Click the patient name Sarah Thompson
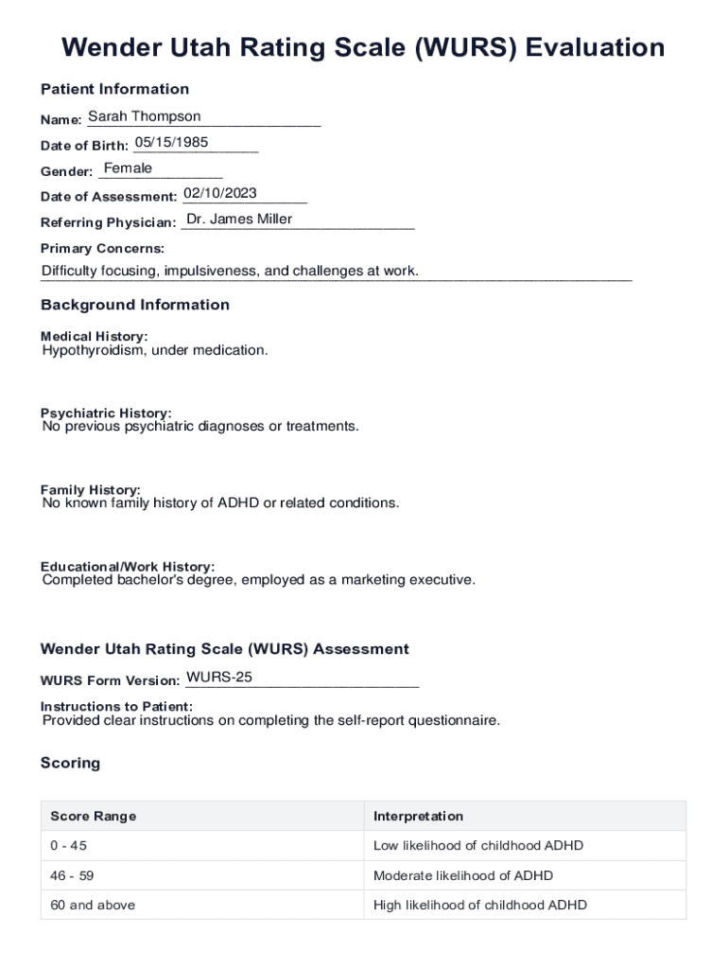pos(144,116)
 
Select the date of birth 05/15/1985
pos(171,143)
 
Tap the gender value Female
pos(128,168)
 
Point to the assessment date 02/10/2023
pos(219,193)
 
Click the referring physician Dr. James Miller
pos(239,220)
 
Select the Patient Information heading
pos(114,89)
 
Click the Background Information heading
pos(134,305)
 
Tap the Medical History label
pos(94,336)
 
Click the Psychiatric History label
pos(106,413)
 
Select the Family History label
pos(90,489)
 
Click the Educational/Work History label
pos(127,566)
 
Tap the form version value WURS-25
pos(219,678)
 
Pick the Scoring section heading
pos(70,763)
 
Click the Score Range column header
pos(93,816)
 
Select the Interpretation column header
pos(418,816)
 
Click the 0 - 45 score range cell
pos(68,845)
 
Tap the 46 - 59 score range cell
pos(72,875)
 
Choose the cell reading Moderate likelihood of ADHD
pos(463,875)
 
